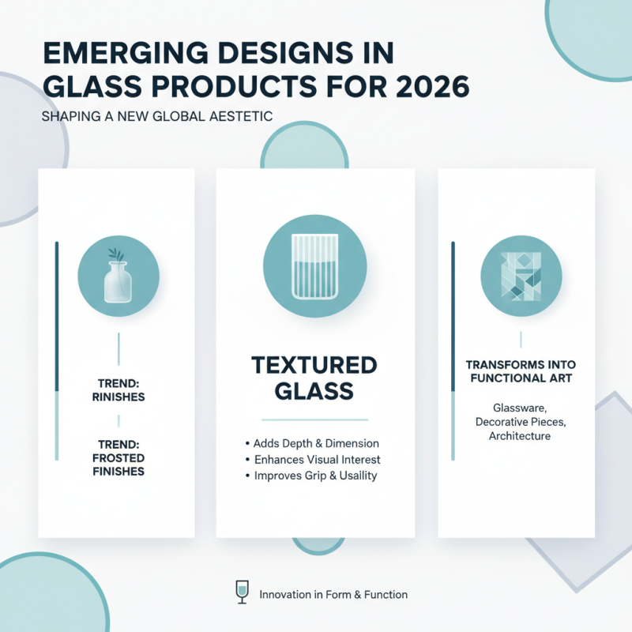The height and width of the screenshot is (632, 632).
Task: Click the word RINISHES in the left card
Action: coord(118,397)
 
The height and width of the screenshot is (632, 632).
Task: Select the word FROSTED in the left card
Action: coord(118,459)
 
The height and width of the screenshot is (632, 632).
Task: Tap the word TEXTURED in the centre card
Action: coord(314,366)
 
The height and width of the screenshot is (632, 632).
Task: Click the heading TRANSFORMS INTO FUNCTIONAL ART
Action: coord(521,371)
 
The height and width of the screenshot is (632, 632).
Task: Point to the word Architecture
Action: coord(520,436)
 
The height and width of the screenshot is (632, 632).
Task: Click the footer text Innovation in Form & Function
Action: coord(333,594)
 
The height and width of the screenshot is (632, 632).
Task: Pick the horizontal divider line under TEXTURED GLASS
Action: coord(315,419)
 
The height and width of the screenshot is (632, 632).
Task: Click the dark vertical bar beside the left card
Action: coord(57,316)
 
